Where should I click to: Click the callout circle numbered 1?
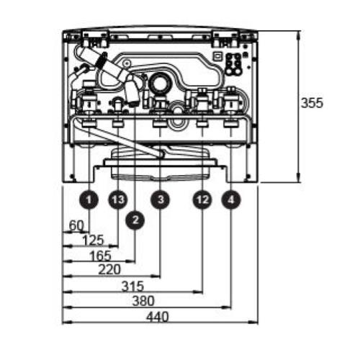click(89, 199)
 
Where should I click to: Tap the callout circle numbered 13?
click(118, 199)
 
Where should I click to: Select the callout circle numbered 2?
click(135, 220)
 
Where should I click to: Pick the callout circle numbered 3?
click(160, 199)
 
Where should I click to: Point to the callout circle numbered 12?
click(202, 199)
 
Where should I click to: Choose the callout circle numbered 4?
click(231, 199)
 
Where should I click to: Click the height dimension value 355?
click(312, 103)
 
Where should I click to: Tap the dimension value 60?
click(76, 225)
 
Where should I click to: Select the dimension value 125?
click(93, 240)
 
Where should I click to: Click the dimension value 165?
click(100, 256)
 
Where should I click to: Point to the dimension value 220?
click(109, 269)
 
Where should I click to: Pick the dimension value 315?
click(132, 286)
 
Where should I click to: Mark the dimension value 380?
click(143, 301)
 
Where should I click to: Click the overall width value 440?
click(158, 317)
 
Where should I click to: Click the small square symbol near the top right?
click(217, 56)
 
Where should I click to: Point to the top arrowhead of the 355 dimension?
click(298, 35)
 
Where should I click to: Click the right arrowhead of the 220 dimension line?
click(156, 276)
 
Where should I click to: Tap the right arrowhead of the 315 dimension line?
click(198, 292)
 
